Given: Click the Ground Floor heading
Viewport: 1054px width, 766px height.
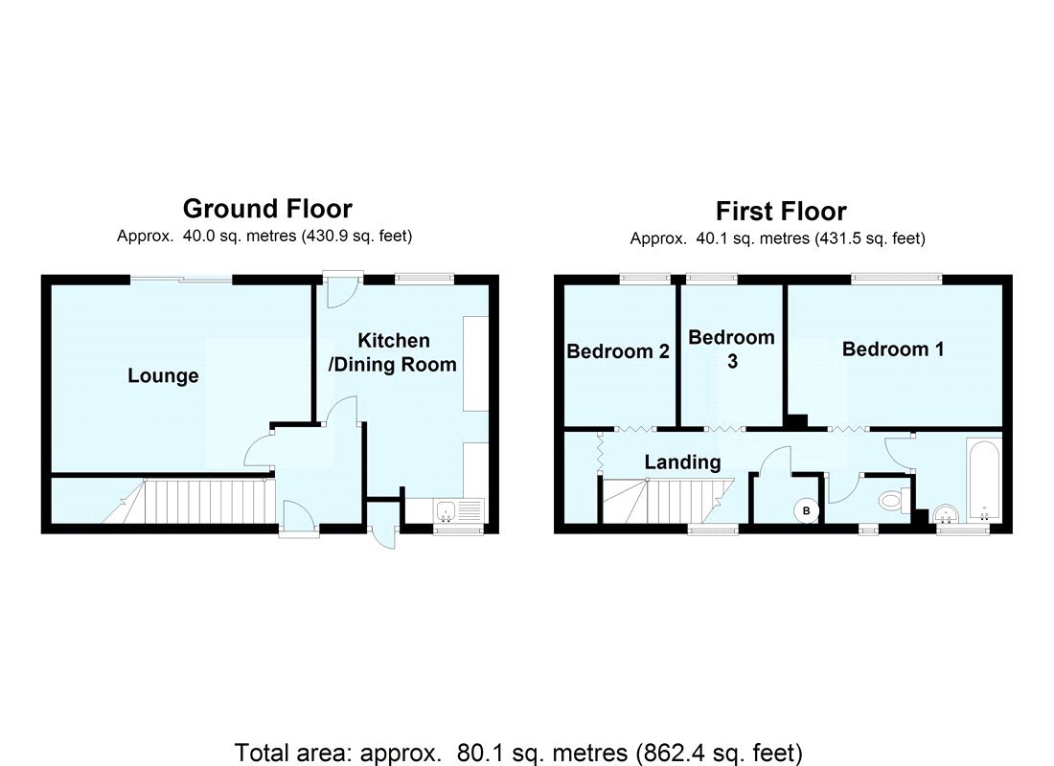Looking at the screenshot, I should [x=266, y=208].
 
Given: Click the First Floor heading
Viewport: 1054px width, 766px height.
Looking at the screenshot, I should [x=781, y=211].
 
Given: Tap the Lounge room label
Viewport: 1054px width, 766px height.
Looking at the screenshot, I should [x=163, y=376].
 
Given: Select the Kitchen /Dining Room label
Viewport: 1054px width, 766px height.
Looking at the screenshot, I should [x=393, y=352].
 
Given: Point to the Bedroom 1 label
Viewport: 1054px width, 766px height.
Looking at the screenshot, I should [x=892, y=349].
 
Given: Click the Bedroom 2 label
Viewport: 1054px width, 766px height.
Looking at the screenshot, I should [x=617, y=351].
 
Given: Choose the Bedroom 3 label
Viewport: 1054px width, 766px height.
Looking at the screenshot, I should [x=731, y=349].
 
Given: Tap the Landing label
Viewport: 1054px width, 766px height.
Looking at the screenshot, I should [x=682, y=462].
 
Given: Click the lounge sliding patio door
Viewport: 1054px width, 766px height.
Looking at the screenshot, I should [x=181, y=280].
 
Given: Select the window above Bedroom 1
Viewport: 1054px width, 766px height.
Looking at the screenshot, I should [x=897, y=279].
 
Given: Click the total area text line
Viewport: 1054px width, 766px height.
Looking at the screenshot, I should [x=518, y=752].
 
